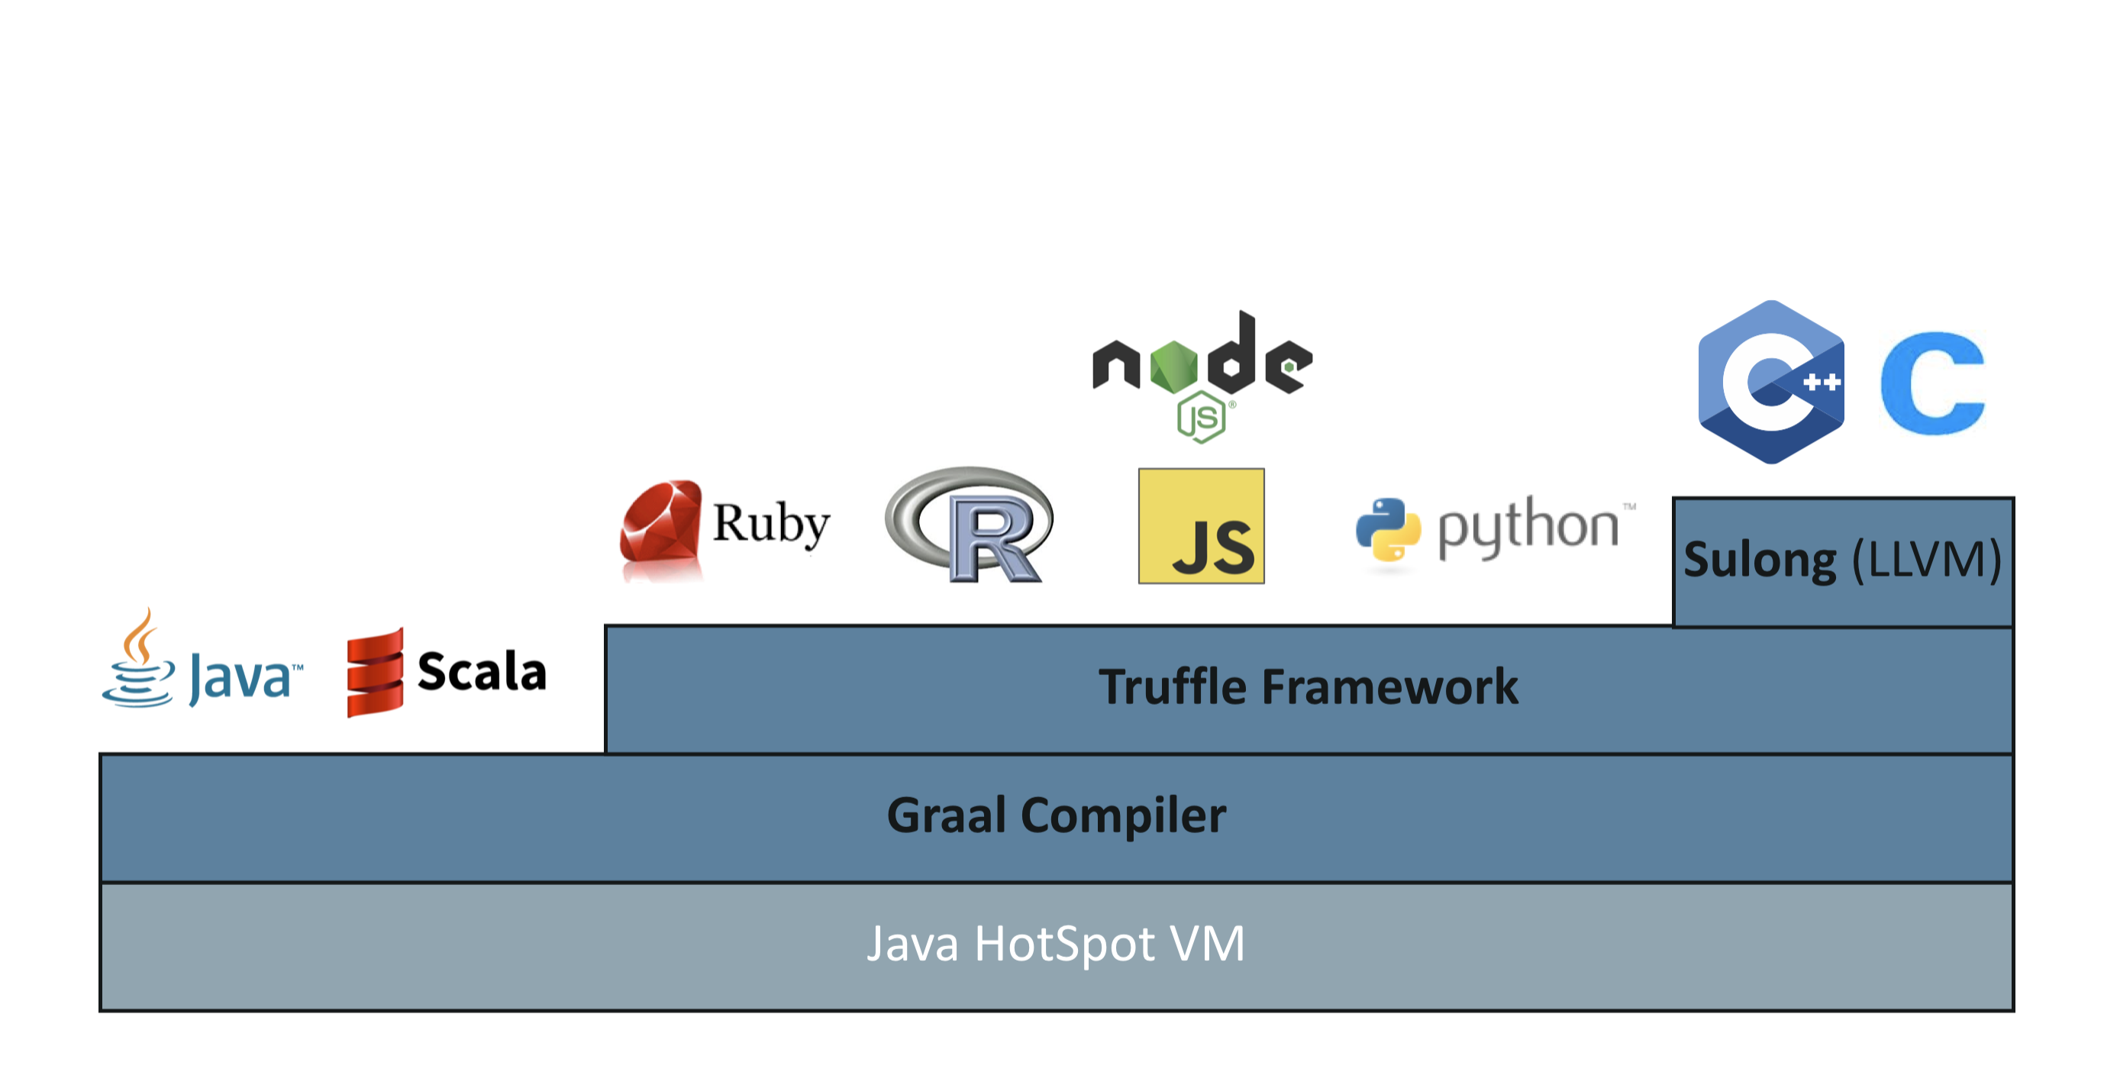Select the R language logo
[x=970, y=525]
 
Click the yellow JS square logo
[x=1201, y=526]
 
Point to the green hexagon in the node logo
[x=1173, y=367]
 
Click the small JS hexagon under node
[x=1201, y=418]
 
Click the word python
[x=1528, y=527]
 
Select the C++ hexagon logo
[x=1770, y=381]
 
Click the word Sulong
[x=1760, y=560]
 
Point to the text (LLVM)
[x=1926, y=560]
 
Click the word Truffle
[x=1171, y=686]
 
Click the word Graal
[x=946, y=815]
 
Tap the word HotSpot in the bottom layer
[x=1064, y=944]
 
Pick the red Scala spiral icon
[x=375, y=673]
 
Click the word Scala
[x=482, y=671]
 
